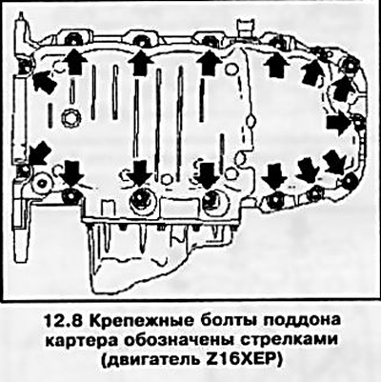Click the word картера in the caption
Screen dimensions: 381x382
81,341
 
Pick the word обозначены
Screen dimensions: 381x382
180,341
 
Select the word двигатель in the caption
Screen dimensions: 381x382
149,361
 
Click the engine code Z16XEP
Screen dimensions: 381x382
239,360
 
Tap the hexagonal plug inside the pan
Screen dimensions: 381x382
69,118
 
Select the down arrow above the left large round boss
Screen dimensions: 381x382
141,172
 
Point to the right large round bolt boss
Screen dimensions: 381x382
215,202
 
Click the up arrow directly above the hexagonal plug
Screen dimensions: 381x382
73,61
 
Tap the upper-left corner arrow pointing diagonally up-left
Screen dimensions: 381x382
44,81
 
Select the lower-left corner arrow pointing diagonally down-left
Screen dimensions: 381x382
39,153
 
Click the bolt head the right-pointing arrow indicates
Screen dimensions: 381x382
358,124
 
